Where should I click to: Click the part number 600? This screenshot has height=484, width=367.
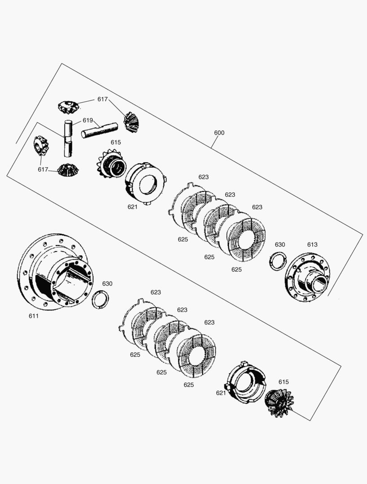[219, 133]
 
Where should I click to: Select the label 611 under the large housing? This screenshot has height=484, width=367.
[34, 316]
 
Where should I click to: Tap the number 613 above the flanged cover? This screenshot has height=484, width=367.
[312, 245]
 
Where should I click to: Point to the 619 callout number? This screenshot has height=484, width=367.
[87, 121]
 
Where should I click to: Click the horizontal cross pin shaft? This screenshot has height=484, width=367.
[99, 130]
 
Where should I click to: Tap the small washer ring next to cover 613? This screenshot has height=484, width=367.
[278, 261]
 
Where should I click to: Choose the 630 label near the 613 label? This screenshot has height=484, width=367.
[280, 245]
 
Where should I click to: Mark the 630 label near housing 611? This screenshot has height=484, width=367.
[107, 284]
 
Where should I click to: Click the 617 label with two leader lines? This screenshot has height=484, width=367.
[102, 99]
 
